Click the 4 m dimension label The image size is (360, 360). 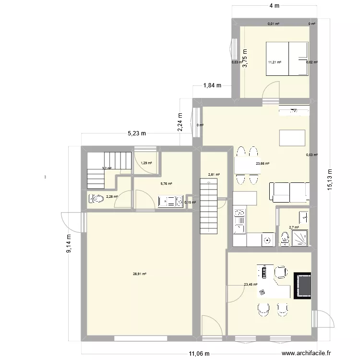tap(274, 6)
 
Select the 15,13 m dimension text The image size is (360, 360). tap(329, 179)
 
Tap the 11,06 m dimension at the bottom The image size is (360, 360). tap(199, 354)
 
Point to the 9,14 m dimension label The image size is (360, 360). tap(69, 243)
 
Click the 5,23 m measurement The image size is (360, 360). tap(137, 134)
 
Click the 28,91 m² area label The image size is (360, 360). tap(140, 274)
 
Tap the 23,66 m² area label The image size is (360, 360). tap(263, 164)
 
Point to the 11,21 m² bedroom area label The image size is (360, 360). tap(275, 62)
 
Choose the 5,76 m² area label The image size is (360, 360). tap(166, 183)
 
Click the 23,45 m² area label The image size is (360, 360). tap(251, 285)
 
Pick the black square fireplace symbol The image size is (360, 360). tap(303, 286)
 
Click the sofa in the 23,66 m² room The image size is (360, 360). tap(288, 192)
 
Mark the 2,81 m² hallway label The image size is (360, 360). tap(214, 175)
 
